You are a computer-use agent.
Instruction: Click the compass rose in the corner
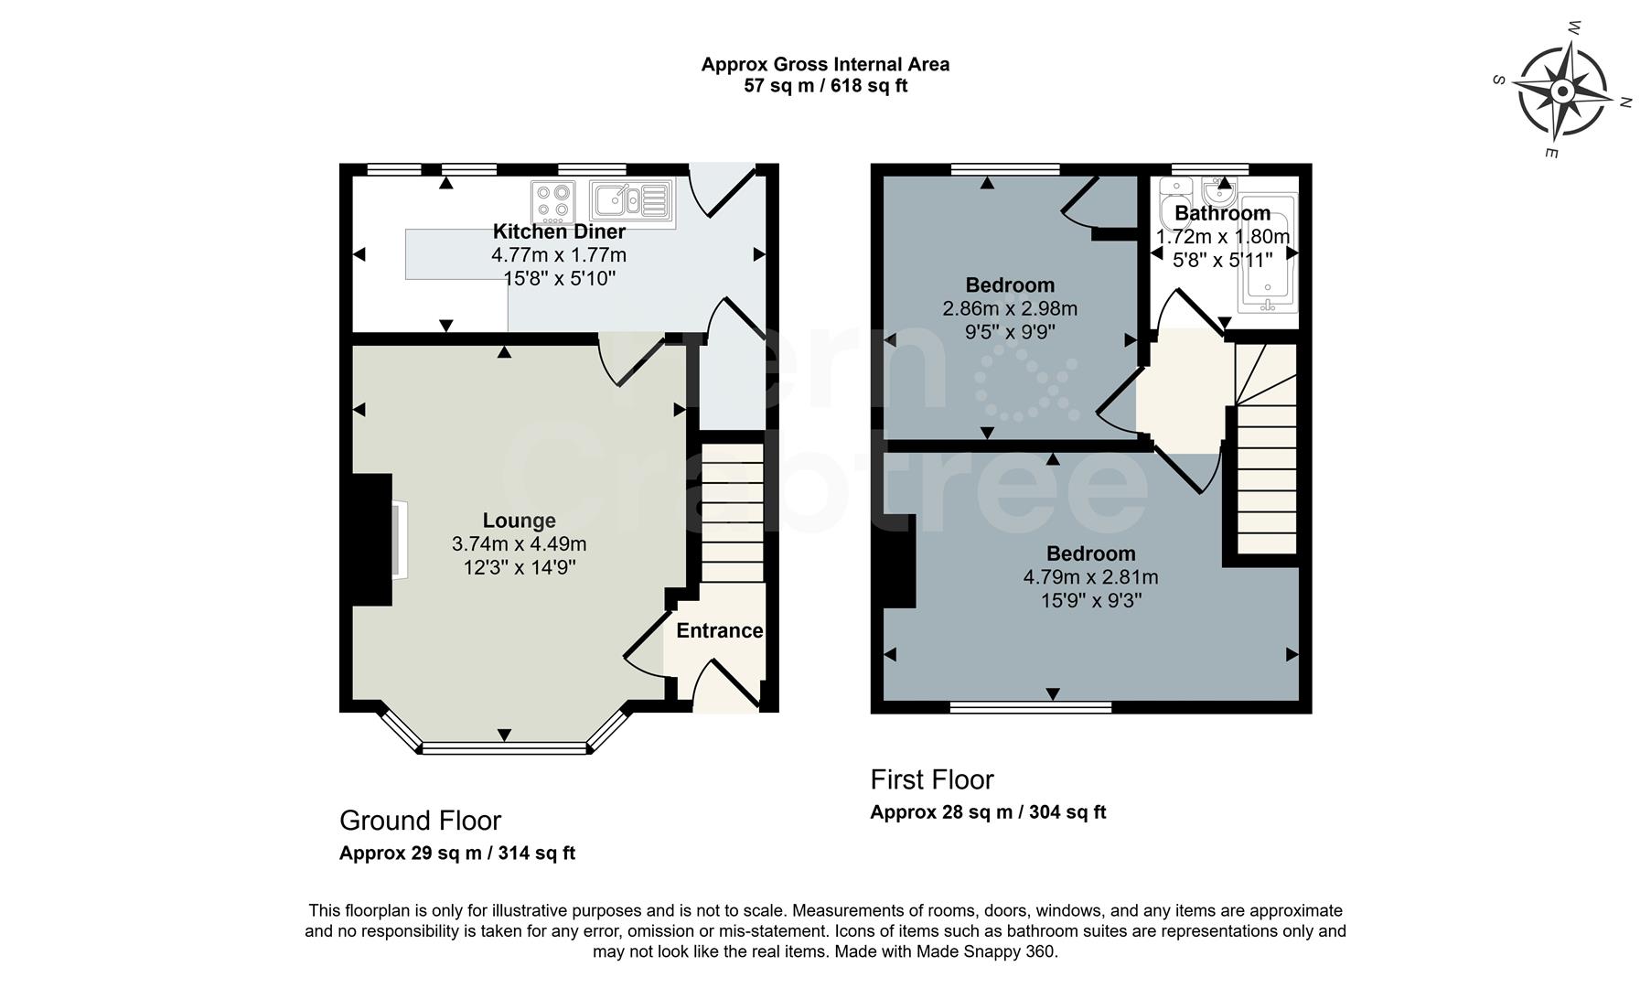(1562, 91)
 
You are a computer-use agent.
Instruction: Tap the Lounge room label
(519, 521)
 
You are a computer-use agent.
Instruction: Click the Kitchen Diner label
(559, 231)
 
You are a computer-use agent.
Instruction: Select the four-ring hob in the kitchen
(553, 202)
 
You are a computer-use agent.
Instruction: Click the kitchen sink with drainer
(630, 200)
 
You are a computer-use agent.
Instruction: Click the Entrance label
(719, 630)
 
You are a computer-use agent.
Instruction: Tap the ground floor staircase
(732, 512)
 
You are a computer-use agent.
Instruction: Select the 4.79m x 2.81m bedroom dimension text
(1090, 577)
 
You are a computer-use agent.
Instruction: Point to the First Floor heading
(931, 779)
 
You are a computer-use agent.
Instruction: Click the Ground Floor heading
(420, 820)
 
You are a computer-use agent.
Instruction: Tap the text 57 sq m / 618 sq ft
(825, 87)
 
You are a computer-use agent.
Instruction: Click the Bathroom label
(1222, 213)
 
